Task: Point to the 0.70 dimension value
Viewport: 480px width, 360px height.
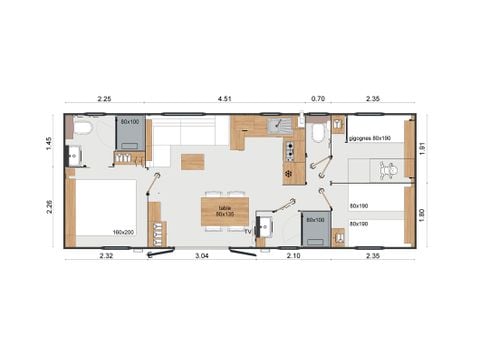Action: click(318, 98)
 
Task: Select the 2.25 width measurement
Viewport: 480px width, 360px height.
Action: click(104, 98)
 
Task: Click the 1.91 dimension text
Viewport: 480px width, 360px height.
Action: click(422, 148)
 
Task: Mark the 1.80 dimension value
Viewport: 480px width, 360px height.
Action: click(422, 213)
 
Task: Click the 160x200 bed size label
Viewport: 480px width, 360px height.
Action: click(124, 232)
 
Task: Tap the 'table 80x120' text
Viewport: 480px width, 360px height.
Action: click(224, 211)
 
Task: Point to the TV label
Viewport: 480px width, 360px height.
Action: click(248, 230)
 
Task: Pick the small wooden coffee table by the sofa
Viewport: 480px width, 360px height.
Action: click(191, 161)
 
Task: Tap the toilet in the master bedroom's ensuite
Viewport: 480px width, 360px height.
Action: click(82, 128)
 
